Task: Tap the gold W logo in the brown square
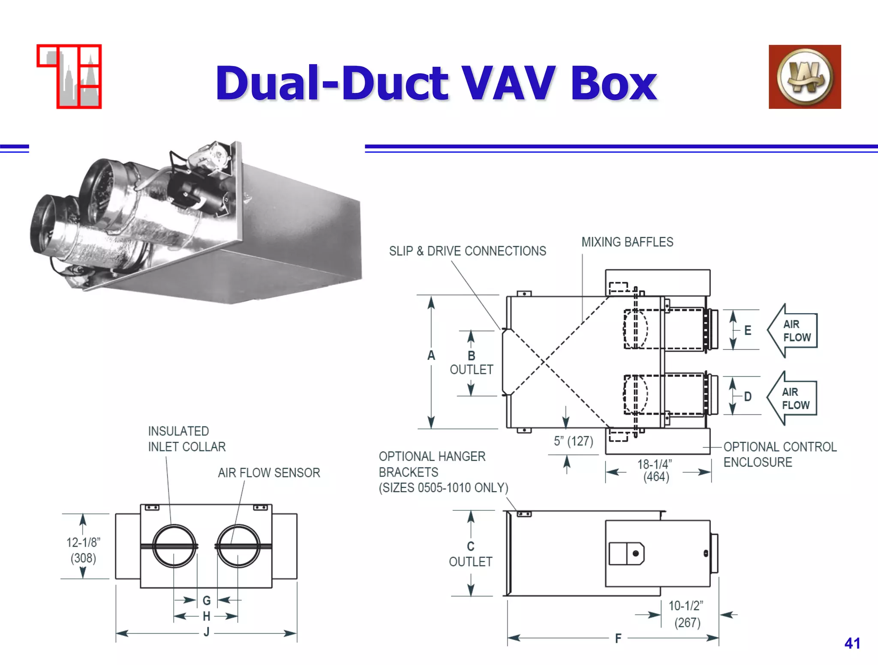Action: point(805,77)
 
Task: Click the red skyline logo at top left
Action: point(69,77)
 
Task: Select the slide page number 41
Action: point(852,643)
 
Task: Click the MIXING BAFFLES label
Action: point(627,242)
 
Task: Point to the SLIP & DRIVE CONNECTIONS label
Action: point(467,251)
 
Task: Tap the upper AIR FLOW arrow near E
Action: point(793,331)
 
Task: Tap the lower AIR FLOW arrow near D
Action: point(792,398)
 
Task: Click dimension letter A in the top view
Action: point(431,355)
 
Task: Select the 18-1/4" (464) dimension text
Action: point(655,470)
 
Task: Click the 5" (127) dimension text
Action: point(573,441)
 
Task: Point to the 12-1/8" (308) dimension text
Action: point(83,550)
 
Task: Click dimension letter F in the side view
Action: point(618,638)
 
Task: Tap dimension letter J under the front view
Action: point(207,632)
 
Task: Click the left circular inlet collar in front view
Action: point(174,546)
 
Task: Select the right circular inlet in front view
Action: point(238,546)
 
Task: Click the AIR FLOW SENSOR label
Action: point(269,473)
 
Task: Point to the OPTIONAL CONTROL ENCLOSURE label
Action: point(779,455)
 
